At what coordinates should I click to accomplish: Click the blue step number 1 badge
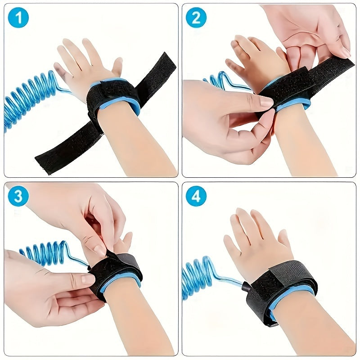click(x=18, y=18)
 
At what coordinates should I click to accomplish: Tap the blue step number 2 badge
click(x=196, y=18)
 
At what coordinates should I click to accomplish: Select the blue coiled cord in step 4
click(x=198, y=277)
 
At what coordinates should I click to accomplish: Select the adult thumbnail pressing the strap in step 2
click(x=266, y=103)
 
